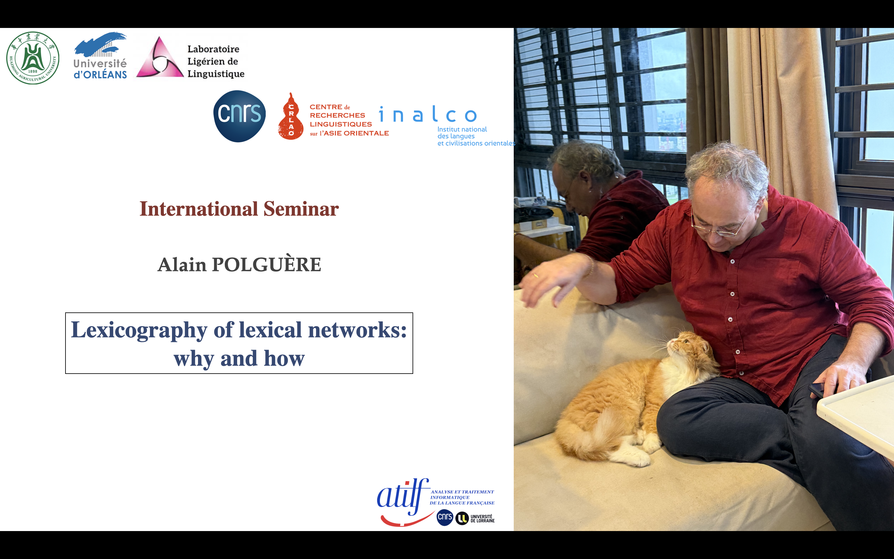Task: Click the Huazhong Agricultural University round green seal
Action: [33, 58]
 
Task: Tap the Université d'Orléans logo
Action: [100, 56]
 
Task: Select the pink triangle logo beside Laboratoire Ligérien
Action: [160, 57]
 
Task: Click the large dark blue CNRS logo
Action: [239, 116]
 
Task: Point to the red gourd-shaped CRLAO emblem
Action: [291, 116]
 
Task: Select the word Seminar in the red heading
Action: [301, 209]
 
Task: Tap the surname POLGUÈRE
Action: [266, 264]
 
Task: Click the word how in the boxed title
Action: [284, 358]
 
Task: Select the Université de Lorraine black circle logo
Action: [462, 518]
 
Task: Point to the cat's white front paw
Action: [632, 459]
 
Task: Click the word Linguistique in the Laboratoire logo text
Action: [216, 74]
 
